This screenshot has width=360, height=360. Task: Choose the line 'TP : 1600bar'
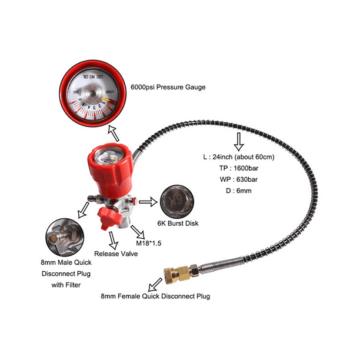(x=222, y=168)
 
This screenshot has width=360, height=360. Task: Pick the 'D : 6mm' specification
(x=214, y=191)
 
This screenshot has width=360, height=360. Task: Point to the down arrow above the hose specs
(x=238, y=141)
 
